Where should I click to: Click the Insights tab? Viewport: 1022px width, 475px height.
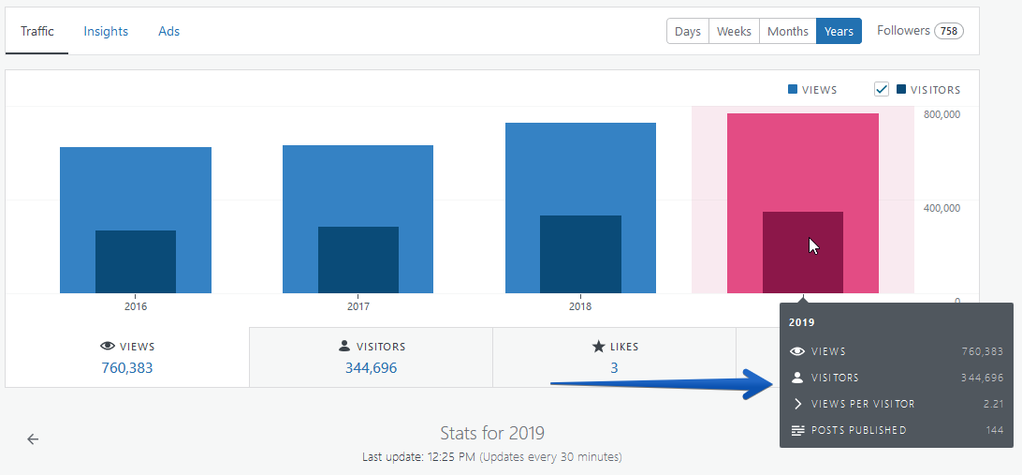coord(106,31)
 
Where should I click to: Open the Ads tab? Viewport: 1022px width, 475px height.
coord(168,31)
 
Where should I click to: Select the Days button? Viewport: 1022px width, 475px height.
coord(688,31)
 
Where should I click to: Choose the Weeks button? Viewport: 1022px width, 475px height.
coord(734,31)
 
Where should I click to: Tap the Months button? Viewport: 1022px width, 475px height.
coord(787,31)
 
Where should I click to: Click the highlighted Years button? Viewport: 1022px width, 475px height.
coord(839,31)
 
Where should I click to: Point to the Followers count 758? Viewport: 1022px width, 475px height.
coord(948,31)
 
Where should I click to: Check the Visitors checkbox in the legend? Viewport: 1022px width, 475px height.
coord(882,89)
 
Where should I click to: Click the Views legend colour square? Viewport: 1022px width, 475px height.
coord(793,89)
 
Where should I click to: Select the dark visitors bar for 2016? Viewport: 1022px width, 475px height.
coord(136,261)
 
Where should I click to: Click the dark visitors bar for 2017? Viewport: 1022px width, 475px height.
coord(358,260)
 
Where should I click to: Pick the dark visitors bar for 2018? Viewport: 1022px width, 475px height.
coord(581,254)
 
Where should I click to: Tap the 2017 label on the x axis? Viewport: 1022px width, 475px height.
coord(358,306)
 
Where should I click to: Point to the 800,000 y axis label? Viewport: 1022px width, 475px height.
coord(942,115)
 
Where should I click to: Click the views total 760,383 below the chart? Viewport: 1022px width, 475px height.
coord(127,368)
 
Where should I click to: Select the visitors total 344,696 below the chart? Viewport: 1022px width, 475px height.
coord(371,368)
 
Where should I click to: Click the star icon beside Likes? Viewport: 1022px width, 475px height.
coord(598,347)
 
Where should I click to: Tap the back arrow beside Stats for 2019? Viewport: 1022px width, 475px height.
coord(33,439)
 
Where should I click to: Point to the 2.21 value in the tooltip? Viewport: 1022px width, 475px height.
coord(993,404)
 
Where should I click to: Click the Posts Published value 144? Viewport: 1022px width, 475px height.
coord(995,430)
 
